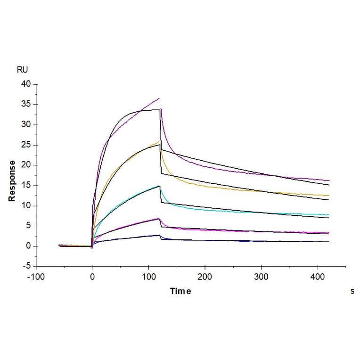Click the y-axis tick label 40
pyautogui.click(x=25, y=84)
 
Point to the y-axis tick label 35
pyautogui.click(x=25, y=105)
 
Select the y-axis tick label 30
pyautogui.click(x=25, y=125)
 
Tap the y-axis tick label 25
pyautogui.click(x=25, y=145)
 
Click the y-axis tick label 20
pyautogui.click(x=25, y=165)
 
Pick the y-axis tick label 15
pyautogui.click(x=25, y=186)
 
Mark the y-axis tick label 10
pyautogui.click(x=25, y=206)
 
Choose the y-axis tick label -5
pyautogui.click(x=26, y=266)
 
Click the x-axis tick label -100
pyautogui.click(x=35, y=277)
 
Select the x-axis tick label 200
pyautogui.click(x=205, y=277)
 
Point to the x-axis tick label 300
pyautogui.click(x=262, y=277)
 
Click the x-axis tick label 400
pyautogui.click(x=318, y=277)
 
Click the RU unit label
pyautogui.click(x=22, y=70)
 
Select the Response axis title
pyautogui.click(x=12, y=181)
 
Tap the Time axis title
pyautogui.click(x=180, y=292)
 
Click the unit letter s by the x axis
pyautogui.click(x=352, y=292)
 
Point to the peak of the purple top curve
pyautogui.click(x=159, y=98)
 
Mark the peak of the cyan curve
pyautogui.click(x=160, y=186)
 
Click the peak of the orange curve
pyautogui.click(x=159, y=141)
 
